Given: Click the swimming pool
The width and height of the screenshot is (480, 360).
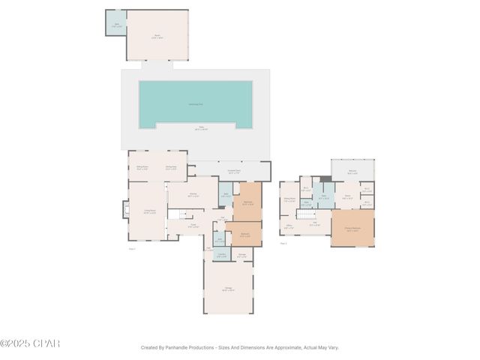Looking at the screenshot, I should pos(195,103).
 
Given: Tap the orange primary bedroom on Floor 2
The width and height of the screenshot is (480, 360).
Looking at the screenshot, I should pos(352,229).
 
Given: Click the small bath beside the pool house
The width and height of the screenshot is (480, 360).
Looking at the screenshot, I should pos(115,22).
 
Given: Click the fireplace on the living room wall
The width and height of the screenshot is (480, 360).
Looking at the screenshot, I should pos(126,210).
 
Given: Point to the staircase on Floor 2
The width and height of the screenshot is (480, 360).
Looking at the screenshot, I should pos(305,214).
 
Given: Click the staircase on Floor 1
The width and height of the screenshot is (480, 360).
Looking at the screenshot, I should pos(175,215).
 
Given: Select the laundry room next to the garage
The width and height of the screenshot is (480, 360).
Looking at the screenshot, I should pos(221,255).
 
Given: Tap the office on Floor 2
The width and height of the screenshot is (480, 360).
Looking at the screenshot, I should pos(289,227).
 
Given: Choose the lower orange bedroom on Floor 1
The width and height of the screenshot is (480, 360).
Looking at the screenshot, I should pos(244,234).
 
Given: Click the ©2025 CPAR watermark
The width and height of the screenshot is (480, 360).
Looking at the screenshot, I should pos(30,343).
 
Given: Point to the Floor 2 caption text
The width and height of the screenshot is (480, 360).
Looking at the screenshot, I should pos(284,244).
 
